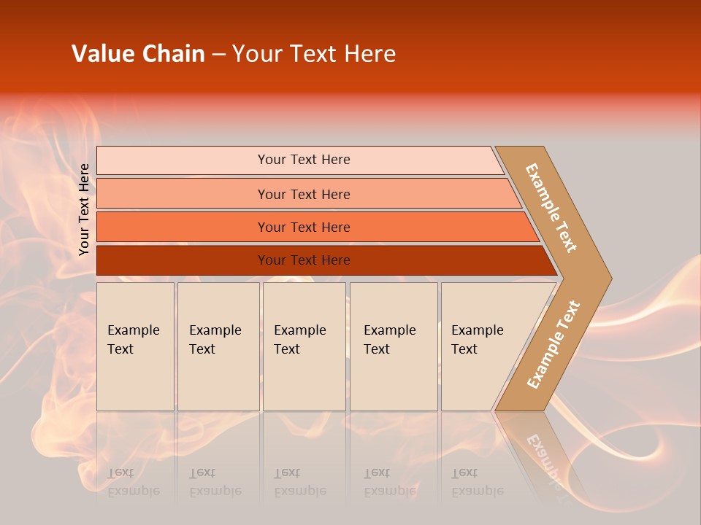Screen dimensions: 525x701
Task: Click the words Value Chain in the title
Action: (138, 54)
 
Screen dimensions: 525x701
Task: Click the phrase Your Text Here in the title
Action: (314, 54)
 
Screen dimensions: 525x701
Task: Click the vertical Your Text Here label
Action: (85, 209)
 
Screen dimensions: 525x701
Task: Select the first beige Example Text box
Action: (135, 346)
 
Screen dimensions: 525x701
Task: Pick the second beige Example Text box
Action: (218, 346)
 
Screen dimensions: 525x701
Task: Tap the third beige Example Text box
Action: (303, 346)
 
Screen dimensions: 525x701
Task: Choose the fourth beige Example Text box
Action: (393, 346)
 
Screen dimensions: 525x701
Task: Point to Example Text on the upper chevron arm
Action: (551, 208)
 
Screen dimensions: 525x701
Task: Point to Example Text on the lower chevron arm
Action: (553, 344)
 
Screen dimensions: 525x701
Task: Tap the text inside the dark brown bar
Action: (304, 260)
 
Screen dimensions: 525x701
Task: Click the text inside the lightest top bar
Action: (304, 160)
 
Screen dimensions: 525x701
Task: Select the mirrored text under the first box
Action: (133, 482)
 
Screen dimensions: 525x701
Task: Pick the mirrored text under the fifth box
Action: (477, 482)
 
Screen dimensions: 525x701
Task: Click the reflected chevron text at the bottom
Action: (544, 456)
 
